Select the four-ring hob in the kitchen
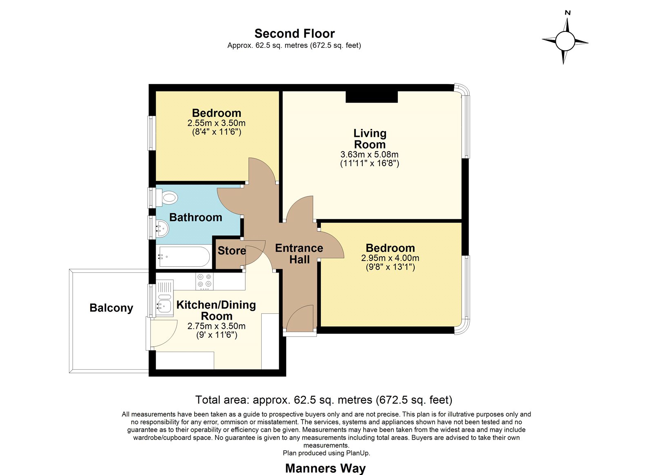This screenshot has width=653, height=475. tap(204, 281)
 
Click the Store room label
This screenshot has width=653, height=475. tap(232, 251)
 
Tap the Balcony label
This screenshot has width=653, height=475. tap(111, 308)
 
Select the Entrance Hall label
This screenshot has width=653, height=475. tap(299, 254)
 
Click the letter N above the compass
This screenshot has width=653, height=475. tap(568, 13)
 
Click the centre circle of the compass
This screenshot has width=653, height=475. tap(565, 41)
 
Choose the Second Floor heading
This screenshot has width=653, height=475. tap(294, 33)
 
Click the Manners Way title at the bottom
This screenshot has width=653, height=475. tap(325, 468)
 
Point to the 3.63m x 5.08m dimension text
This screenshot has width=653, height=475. tap(369, 154)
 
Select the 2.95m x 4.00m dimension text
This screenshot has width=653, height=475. tap(390, 258)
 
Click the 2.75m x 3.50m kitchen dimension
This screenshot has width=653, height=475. tap(216, 326)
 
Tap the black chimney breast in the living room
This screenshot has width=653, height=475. tap(372, 97)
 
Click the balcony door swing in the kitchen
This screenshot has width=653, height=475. tap(163, 334)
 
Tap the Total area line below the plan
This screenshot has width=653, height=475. tap(324, 400)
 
